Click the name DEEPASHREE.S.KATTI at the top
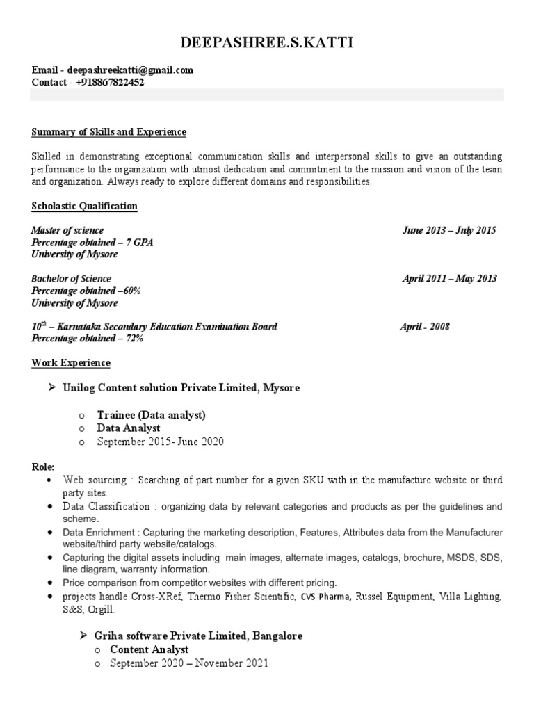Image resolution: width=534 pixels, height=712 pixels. click(266, 44)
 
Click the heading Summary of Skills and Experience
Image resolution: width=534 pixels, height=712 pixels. click(109, 132)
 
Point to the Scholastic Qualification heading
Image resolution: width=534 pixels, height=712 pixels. click(85, 207)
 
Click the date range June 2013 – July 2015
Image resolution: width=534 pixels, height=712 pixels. click(449, 230)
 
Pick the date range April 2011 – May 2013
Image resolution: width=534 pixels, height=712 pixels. click(449, 279)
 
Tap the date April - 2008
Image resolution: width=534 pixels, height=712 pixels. click(424, 327)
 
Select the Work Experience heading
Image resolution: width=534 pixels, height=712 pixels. click(71, 363)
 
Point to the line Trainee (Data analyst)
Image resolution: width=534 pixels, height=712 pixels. click(151, 415)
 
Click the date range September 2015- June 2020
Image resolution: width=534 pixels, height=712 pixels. click(161, 442)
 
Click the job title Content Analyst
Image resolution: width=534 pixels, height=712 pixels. click(149, 649)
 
